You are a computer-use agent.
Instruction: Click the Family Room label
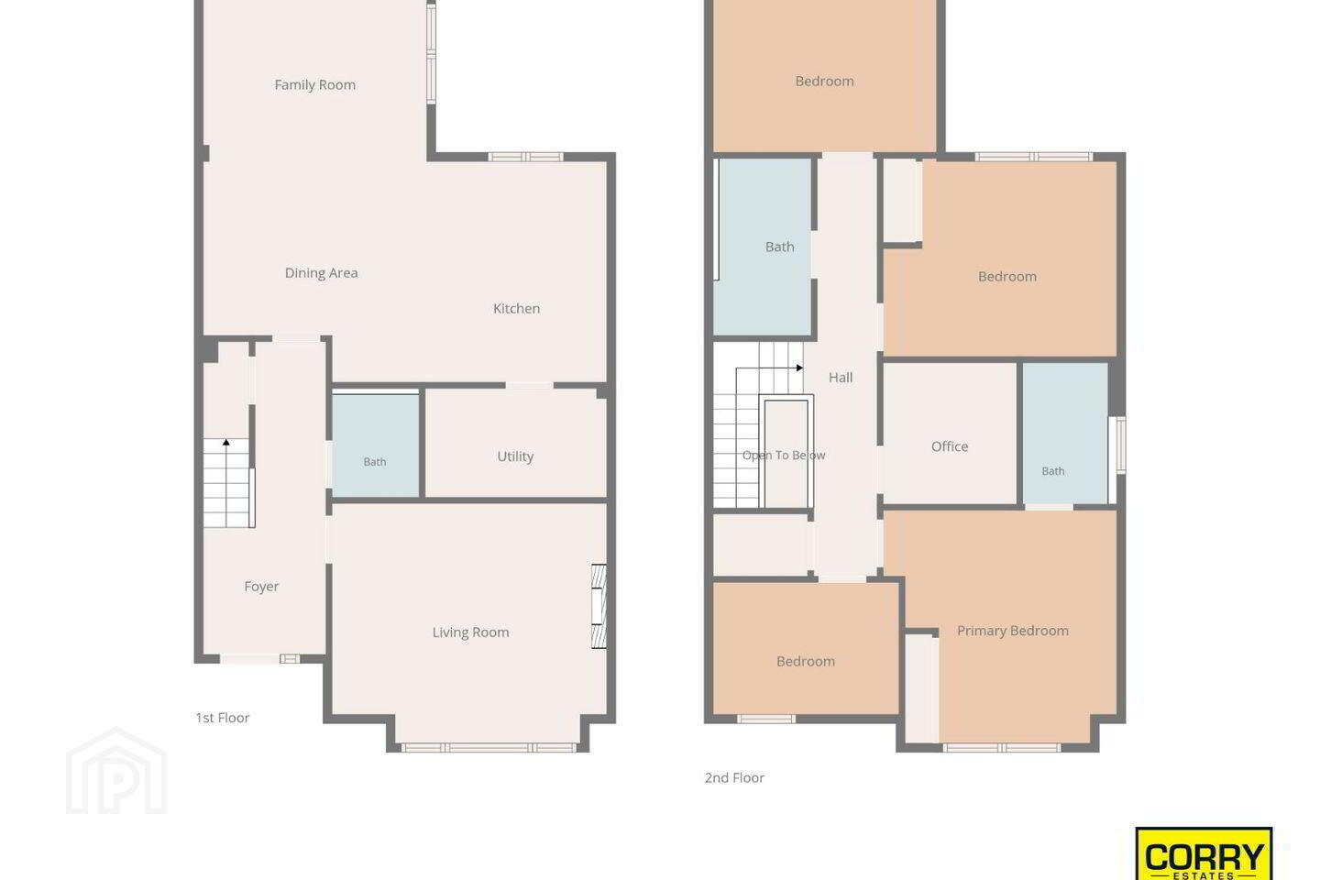315,85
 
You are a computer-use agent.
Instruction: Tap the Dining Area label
321,273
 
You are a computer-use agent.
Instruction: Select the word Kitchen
516,308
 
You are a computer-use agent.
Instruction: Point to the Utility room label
515,456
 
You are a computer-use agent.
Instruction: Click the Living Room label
471,632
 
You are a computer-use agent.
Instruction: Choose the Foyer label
261,587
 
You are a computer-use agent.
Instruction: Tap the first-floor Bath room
376,445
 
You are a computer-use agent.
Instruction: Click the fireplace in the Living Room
599,607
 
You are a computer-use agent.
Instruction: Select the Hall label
841,378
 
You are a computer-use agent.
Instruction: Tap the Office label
950,446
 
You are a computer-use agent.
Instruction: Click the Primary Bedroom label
1012,631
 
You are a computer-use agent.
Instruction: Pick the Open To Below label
784,455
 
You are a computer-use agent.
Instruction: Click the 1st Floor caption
223,718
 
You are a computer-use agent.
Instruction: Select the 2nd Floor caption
734,777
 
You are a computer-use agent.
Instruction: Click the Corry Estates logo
1204,854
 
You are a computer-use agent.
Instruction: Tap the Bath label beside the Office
1053,471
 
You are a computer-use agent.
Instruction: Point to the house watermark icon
116,771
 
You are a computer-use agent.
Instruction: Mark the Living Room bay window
489,748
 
